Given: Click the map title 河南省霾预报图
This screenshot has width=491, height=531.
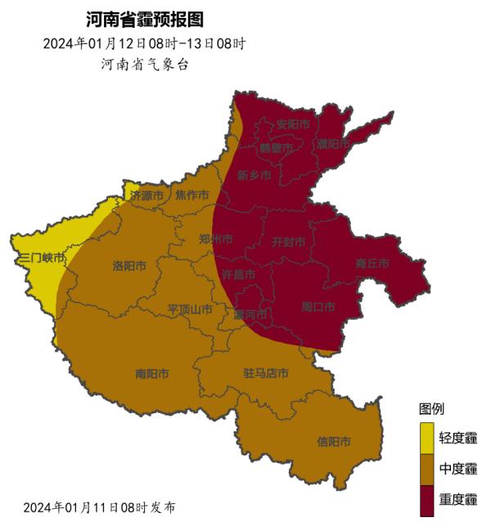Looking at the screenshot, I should click(x=144, y=19).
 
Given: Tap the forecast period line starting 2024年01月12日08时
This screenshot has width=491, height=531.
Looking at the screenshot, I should click(x=144, y=43).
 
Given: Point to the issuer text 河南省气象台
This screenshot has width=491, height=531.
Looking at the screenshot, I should click(x=144, y=65).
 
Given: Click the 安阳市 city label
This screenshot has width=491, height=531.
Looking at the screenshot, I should click(x=294, y=125).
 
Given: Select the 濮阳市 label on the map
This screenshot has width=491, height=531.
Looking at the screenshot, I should click(x=334, y=143).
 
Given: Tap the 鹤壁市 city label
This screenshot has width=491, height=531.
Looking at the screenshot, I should click(x=276, y=148).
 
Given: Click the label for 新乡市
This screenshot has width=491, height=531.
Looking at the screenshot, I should click(x=254, y=175).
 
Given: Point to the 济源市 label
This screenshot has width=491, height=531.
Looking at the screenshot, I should click(x=147, y=196).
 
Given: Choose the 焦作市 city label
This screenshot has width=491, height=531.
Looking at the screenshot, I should click(x=191, y=195).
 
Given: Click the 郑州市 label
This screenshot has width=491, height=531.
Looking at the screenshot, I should click(x=216, y=239).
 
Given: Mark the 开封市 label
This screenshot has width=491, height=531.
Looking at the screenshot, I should click(x=288, y=242).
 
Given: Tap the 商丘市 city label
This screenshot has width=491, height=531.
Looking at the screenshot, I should click(x=372, y=263).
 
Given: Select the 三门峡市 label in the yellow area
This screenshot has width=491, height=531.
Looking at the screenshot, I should click(x=42, y=258).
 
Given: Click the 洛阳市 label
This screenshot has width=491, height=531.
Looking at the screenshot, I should click(x=129, y=266).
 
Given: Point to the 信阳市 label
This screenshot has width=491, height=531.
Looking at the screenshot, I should click(x=334, y=442).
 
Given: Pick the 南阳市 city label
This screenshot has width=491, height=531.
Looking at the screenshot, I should click(x=152, y=374).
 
